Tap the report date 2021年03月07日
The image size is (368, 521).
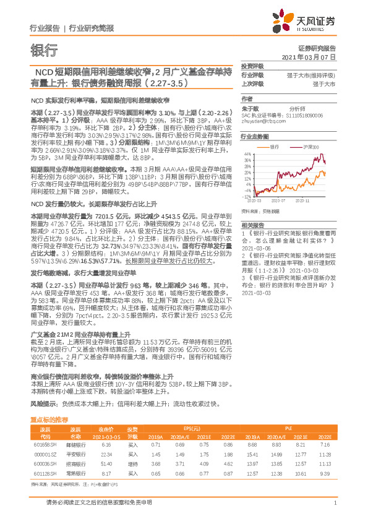[312, 56]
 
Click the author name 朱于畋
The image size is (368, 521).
[250, 107]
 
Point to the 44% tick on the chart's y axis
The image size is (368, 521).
[246, 154]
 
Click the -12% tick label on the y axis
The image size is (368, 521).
[246, 197]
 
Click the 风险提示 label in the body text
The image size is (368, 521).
[43, 402]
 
